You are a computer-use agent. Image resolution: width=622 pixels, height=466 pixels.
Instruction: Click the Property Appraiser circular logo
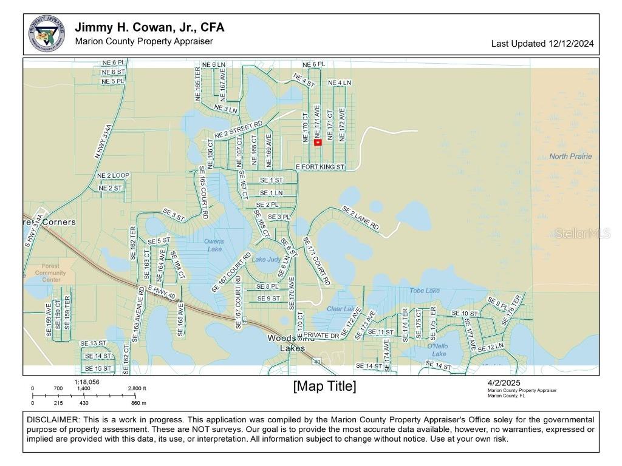point(47,34)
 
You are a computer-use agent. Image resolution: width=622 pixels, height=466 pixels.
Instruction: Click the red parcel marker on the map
point(318,143)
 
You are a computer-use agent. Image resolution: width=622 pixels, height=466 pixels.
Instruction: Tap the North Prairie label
point(570,157)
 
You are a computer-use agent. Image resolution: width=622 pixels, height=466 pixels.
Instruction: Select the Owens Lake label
point(214,245)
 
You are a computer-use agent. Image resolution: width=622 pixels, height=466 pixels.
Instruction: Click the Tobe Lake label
point(425,291)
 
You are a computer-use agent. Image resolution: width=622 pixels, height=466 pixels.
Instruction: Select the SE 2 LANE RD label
point(361,219)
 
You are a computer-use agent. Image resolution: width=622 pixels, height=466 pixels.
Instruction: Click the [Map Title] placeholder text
point(324,387)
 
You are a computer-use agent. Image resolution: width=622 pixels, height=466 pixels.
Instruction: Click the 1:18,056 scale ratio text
point(87,382)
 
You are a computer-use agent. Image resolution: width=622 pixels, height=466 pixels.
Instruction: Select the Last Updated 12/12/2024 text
point(542,44)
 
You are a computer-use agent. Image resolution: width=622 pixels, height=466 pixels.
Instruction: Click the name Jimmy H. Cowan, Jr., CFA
point(149,27)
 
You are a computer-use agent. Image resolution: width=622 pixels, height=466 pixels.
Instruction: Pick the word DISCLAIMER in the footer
point(53,420)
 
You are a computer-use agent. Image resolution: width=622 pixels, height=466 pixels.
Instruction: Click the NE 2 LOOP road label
point(114,175)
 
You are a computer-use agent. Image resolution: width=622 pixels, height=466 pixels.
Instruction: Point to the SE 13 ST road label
point(94,343)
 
